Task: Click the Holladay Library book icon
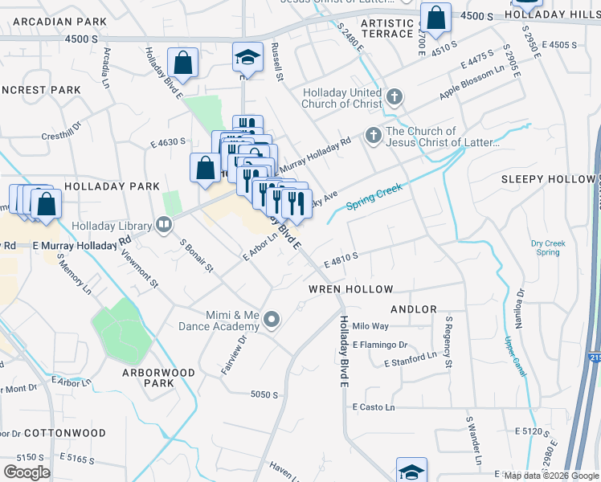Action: [164, 225]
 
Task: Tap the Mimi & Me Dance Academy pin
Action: [272, 321]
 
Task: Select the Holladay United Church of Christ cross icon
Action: [394, 98]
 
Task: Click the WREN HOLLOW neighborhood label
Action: [351, 288]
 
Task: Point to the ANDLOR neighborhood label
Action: [414, 309]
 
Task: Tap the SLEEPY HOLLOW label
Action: [547, 179]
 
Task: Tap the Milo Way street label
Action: [370, 326]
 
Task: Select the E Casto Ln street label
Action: [374, 407]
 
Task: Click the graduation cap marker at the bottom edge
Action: [411, 471]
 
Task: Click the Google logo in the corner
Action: [27, 472]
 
